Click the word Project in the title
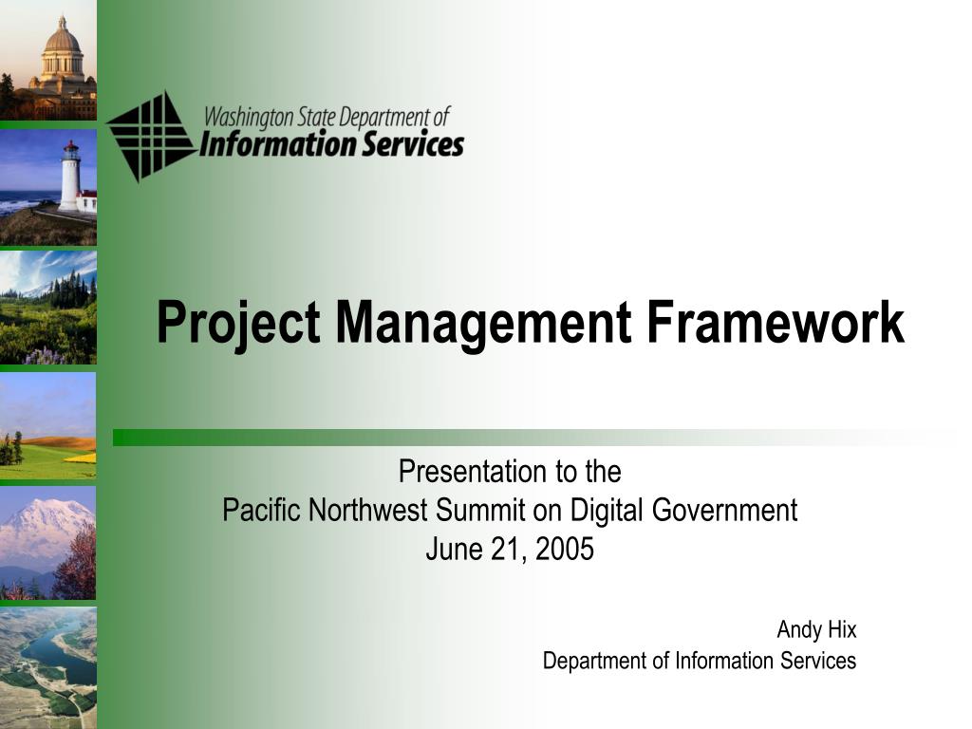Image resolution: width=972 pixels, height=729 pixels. click(238, 323)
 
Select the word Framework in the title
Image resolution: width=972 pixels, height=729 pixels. click(776, 323)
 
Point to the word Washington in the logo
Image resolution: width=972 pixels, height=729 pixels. click(250, 118)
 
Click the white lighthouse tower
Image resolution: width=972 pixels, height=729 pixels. click(69, 178)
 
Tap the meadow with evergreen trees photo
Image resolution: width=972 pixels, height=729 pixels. click(47, 306)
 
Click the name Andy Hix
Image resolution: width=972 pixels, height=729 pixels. click(816, 629)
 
